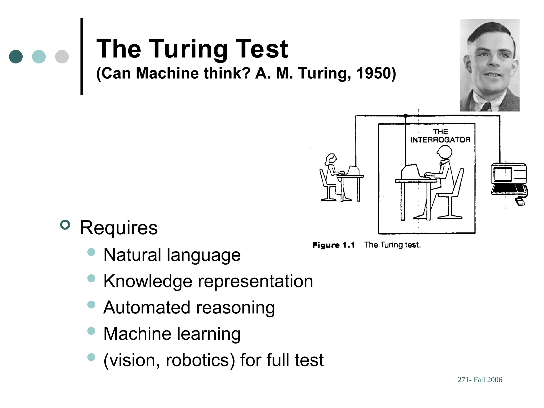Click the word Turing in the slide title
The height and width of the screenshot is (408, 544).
tap(190, 49)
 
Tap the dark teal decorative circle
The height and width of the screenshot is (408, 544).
tap(16, 57)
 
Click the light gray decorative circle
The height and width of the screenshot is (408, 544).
tap(62, 57)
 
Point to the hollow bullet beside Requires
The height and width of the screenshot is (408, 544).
tap(65, 225)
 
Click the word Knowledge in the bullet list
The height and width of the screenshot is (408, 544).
tap(148, 281)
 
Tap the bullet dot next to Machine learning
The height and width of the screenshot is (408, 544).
tap(91, 331)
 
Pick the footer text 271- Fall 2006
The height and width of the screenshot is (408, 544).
tap(480, 380)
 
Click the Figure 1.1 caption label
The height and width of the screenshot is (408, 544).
tap(333, 245)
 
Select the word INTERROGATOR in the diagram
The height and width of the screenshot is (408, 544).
tap(440, 140)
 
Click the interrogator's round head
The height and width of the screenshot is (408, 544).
tap(444, 152)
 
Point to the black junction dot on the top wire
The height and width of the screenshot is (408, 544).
tap(405, 116)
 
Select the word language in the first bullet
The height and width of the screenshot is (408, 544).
tap(203, 255)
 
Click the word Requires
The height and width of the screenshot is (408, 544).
tap(119, 228)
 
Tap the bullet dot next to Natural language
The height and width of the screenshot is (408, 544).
tap(91, 252)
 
